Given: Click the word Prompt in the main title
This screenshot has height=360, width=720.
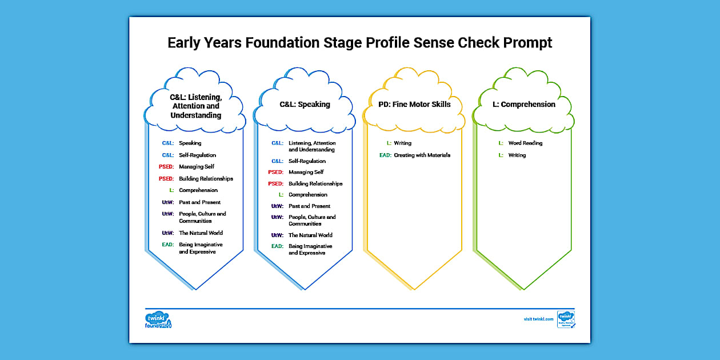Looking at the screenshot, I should [x=521, y=43].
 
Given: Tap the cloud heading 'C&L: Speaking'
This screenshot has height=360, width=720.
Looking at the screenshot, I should [x=305, y=105].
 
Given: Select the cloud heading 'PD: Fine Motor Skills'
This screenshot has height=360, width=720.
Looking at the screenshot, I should [x=414, y=105].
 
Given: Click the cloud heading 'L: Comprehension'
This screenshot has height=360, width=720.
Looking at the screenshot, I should [x=523, y=105].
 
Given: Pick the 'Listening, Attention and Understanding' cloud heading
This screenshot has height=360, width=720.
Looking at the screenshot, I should [x=195, y=106].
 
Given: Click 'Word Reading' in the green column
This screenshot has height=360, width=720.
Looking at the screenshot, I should [x=525, y=143].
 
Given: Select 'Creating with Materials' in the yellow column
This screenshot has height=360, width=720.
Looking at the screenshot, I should [x=422, y=155].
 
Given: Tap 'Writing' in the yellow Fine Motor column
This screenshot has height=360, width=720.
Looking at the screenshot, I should [x=402, y=143].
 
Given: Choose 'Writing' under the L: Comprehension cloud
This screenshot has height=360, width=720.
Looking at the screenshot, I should [x=517, y=155].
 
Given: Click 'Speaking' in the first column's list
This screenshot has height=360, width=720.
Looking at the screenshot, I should [x=190, y=143].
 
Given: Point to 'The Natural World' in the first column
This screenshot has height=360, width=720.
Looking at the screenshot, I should [x=201, y=233].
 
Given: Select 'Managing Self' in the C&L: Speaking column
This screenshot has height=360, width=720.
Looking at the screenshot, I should [x=306, y=172].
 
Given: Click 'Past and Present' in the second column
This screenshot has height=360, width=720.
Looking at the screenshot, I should [x=309, y=206].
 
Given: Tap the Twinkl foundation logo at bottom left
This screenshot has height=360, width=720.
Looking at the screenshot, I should [x=158, y=320].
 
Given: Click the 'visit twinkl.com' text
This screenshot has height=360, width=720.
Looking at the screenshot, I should [x=538, y=319].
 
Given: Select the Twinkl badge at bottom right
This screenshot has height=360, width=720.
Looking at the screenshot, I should [x=566, y=319].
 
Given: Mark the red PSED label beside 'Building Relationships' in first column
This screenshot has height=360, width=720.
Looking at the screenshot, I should [x=166, y=179].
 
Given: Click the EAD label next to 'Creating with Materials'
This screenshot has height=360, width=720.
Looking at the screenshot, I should [x=385, y=155].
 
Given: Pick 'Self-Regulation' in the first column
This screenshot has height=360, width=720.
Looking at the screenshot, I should [x=197, y=155].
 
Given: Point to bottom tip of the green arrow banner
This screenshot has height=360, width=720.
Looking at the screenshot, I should [x=523, y=289].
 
